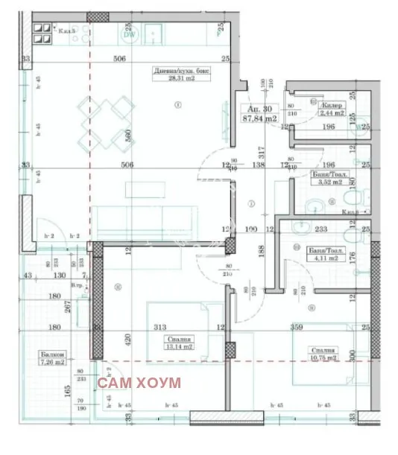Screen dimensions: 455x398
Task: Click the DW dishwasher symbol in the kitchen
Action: [128, 34]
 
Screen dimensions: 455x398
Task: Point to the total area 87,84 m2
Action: [260, 118]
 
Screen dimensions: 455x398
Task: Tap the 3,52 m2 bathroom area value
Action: [327, 180]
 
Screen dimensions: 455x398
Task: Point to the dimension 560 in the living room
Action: [128, 136]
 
